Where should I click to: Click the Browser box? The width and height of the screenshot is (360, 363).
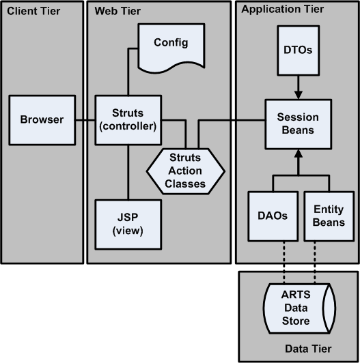[x=41, y=120]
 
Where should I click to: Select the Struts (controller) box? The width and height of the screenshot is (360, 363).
[x=127, y=120]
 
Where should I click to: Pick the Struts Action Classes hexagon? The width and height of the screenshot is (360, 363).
[x=186, y=171]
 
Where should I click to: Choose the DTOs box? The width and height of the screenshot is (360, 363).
[x=298, y=51]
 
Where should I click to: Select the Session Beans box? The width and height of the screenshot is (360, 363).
[x=298, y=122]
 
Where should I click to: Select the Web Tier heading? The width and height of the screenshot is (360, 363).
[x=115, y=11]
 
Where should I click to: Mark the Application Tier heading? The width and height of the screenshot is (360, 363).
[x=283, y=10]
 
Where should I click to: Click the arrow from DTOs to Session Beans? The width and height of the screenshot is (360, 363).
[x=298, y=85]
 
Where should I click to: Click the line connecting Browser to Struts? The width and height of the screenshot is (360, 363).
[x=84, y=121]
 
